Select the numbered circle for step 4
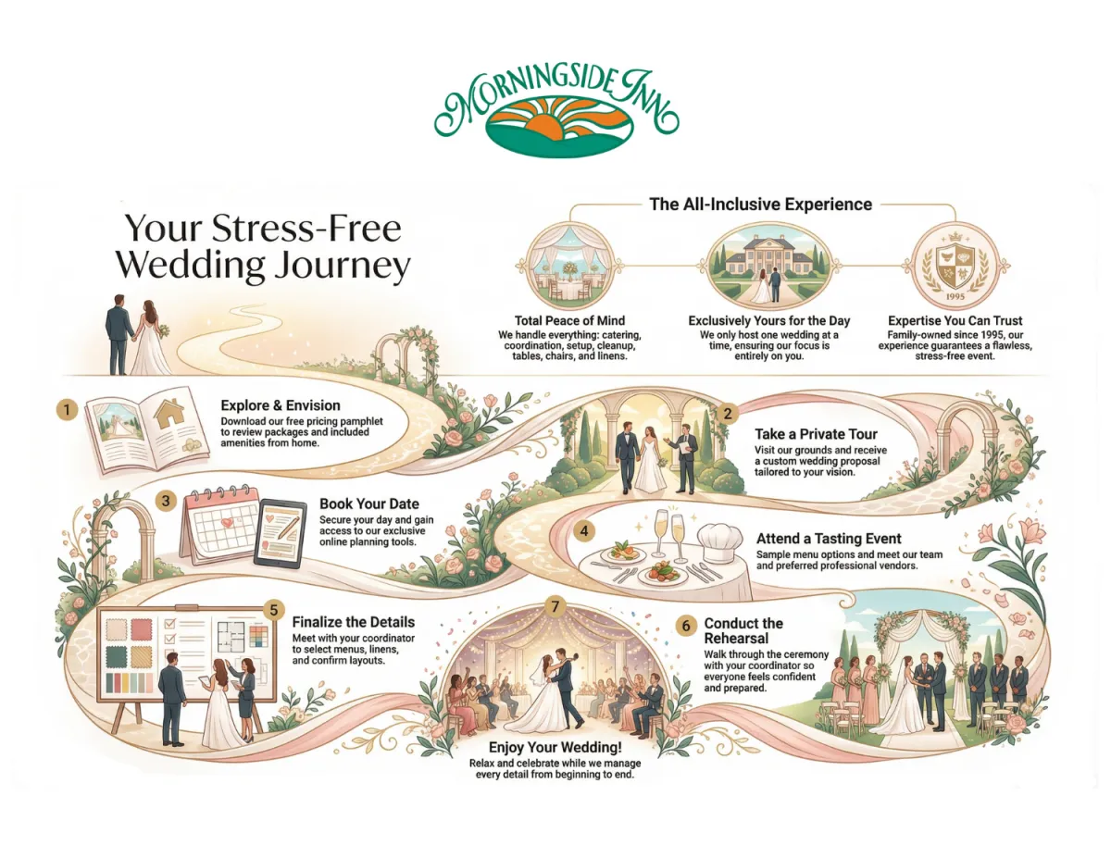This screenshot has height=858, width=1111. click(x=583, y=531)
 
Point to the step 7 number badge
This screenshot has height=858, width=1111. click(x=555, y=607)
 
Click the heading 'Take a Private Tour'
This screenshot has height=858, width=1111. click(x=817, y=433)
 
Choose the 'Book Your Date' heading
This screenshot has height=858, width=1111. click(x=368, y=504)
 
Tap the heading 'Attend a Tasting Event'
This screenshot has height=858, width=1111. click(x=829, y=538)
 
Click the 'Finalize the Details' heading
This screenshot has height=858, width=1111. click(x=353, y=622)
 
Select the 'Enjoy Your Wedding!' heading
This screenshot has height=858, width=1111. click(x=555, y=747)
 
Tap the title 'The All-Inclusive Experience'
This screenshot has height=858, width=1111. click(x=761, y=205)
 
